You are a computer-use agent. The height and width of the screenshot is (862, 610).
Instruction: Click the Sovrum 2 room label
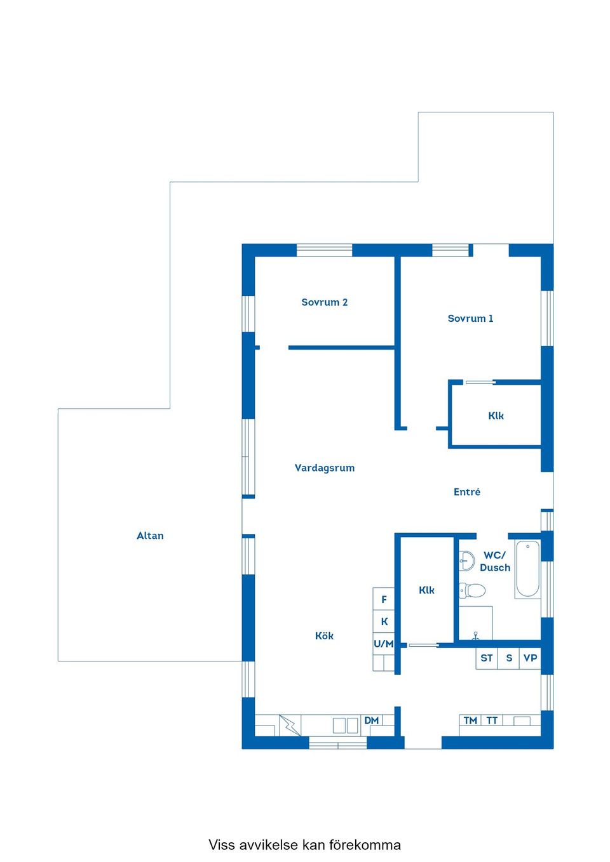[x=324, y=303]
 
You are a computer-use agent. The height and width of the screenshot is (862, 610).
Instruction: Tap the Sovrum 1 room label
[x=470, y=319]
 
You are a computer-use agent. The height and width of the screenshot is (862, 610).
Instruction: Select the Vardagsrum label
[x=324, y=468]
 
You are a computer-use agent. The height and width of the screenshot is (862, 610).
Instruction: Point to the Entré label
[x=467, y=492]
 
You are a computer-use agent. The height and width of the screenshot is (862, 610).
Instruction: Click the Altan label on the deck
[x=150, y=536]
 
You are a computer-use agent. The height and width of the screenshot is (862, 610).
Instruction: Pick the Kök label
[x=324, y=636]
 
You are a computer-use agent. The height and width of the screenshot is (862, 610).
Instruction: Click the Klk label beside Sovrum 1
[x=496, y=416]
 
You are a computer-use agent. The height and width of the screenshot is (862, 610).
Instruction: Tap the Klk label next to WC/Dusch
[x=426, y=590]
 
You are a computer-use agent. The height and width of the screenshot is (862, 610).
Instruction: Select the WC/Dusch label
[x=495, y=561]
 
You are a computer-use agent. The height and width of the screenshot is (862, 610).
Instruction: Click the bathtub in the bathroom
[x=527, y=569]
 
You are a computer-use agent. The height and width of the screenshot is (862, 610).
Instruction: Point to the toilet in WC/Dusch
[x=472, y=590]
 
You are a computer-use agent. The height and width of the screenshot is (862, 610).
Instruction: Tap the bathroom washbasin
[x=466, y=560]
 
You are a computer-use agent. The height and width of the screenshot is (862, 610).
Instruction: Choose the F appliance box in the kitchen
[x=384, y=599]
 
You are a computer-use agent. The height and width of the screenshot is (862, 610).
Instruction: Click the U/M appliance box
[x=384, y=644]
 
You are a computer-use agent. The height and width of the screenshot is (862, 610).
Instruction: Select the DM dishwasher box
[x=371, y=720]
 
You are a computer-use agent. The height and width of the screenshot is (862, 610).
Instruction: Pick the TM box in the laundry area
[x=470, y=720]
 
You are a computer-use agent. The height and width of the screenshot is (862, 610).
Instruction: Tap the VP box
[x=531, y=658]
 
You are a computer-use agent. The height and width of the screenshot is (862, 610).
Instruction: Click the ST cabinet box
[x=487, y=658]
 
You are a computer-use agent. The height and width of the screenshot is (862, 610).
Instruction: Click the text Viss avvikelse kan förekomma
[x=304, y=845]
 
